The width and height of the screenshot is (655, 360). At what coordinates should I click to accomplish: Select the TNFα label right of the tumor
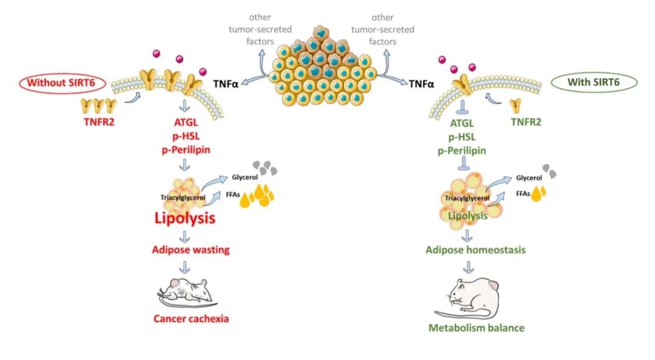click(422, 86)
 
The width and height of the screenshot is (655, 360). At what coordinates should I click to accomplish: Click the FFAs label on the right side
click(524, 193)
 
